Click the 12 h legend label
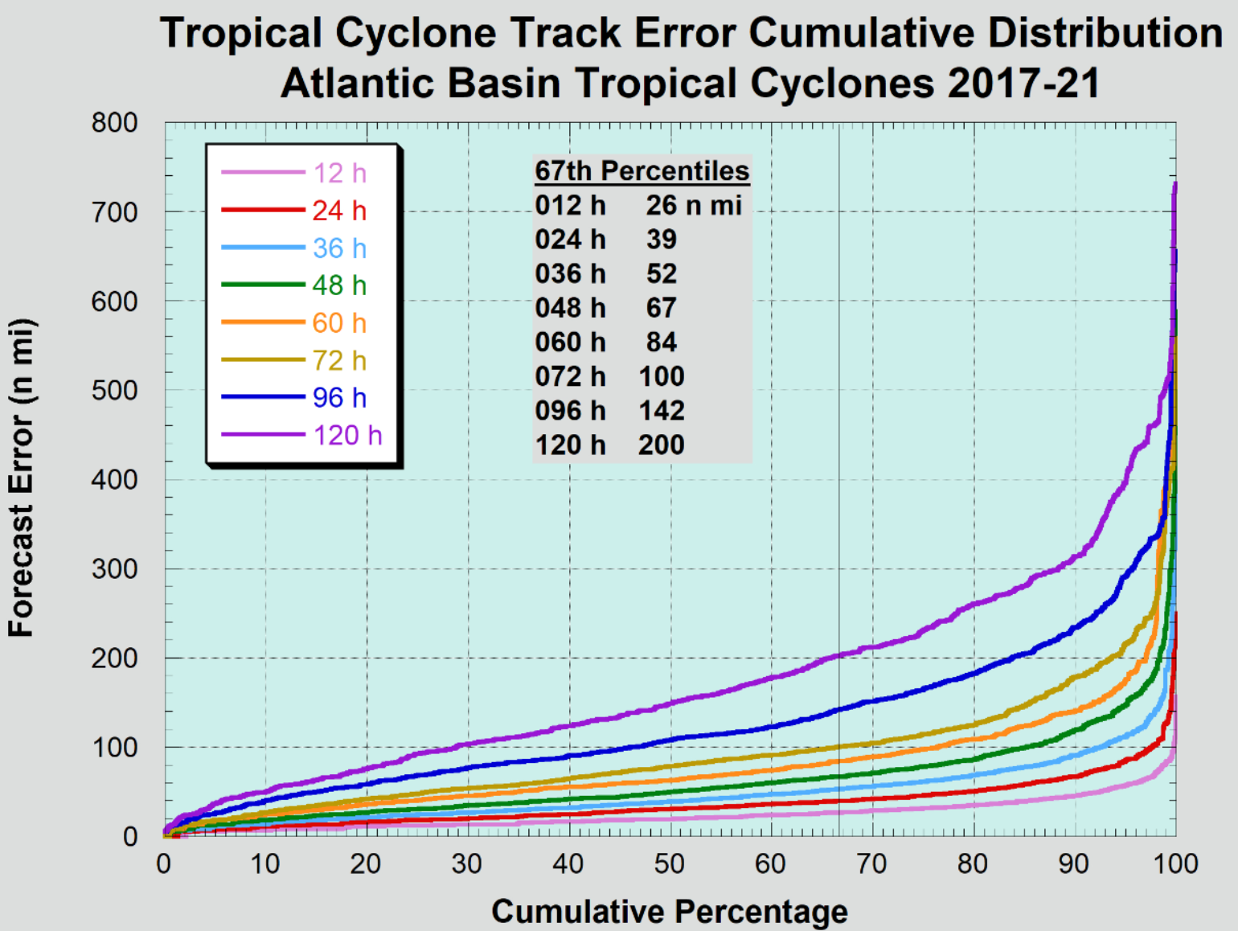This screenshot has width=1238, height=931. point(339,173)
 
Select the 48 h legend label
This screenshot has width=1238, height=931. point(339,285)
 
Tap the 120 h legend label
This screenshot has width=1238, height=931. point(347,435)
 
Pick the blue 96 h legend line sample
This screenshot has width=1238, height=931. point(263,397)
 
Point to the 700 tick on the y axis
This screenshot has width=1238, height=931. point(115,213)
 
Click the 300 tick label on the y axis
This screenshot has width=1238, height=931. point(115,569)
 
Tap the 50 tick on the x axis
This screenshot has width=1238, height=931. point(669,864)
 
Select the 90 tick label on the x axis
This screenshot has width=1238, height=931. point(1073,864)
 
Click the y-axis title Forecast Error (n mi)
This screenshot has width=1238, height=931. point(22,478)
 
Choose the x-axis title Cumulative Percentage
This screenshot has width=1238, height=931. point(670,912)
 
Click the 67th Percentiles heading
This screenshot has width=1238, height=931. point(642,170)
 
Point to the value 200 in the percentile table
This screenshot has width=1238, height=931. point(662,445)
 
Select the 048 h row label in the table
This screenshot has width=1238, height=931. point(570,308)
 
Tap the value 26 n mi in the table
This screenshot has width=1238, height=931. point(694,205)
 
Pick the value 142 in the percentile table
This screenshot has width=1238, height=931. point(662,411)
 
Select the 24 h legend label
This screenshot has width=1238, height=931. point(339,211)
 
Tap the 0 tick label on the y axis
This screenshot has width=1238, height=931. point(130,837)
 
